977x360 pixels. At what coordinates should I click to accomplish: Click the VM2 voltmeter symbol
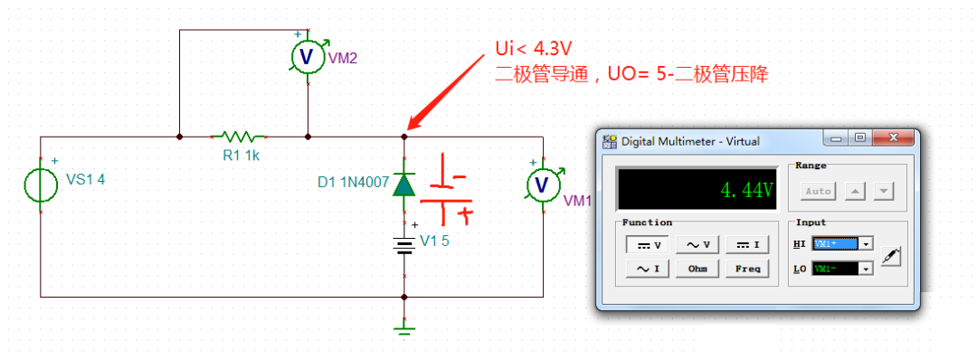[x=307, y=57]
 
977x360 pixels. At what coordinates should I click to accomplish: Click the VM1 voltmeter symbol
[x=542, y=185]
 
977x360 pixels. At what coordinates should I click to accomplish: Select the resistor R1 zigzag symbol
[x=237, y=137]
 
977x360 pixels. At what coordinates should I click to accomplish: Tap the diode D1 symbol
[x=403, y=185]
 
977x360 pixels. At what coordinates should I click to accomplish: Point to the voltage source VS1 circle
[x=41, y=185]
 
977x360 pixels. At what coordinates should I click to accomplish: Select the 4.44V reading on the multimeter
[x=746, y=190]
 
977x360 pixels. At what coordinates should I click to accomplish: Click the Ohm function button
[x=697, y=269]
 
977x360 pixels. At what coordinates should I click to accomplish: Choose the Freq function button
[x=747, y=269]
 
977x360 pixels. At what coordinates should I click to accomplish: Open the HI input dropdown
[x=867, y=244]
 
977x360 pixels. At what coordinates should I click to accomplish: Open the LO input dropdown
[x=867, y=269]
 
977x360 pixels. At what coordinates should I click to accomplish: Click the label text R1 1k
[x=241, y=156]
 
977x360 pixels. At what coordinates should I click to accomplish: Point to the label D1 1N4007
[x=353, y=183]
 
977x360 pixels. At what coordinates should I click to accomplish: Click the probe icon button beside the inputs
[x=891, y=256]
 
